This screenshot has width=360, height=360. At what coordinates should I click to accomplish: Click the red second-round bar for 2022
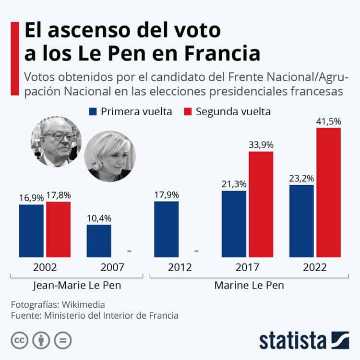point(328,192)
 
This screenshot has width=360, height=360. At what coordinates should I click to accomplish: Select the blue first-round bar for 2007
point(99,241)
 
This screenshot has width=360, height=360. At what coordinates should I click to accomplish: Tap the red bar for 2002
point(59,229)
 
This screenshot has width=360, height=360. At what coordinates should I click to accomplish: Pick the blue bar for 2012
point(167,229)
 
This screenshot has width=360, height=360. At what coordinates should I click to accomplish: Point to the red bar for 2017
point(261,204)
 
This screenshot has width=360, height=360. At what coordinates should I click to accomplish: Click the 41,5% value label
point(328,120)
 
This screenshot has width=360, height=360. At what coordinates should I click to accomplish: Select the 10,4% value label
point(99,218)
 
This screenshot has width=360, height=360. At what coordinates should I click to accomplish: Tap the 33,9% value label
point(261,144)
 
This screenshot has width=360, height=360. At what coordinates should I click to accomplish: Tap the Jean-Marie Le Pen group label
point(77,285)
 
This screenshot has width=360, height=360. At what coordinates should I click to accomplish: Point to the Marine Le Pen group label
point(249,285)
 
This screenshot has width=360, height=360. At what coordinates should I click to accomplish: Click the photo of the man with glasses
point(56,140)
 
